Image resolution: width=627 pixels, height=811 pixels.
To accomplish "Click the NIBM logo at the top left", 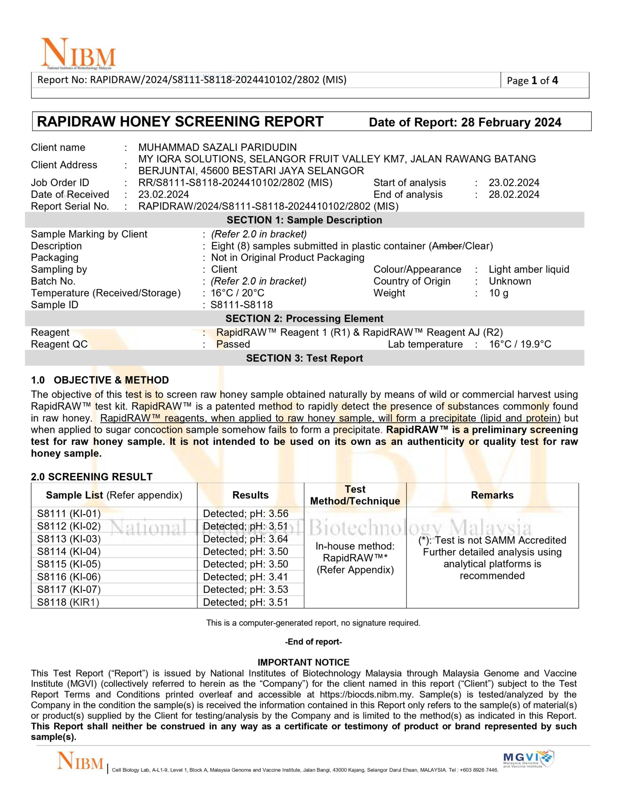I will tap(78, 54).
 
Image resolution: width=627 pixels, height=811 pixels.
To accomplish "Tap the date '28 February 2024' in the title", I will tap(511, 123).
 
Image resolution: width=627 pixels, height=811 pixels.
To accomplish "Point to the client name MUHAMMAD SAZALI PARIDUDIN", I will tap(217, 147).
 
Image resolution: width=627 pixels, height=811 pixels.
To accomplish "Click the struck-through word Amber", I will tap(447, 246).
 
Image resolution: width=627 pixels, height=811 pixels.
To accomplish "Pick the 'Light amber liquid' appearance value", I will tap(529, 269).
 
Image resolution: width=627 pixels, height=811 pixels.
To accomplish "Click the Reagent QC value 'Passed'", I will tap(233, 344).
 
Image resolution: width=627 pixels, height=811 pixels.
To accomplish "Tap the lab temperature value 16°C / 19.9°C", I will tap(520, 344).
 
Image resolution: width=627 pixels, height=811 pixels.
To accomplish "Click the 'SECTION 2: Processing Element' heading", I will tap(304, 319).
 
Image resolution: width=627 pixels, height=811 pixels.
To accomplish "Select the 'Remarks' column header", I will tap(492, 495).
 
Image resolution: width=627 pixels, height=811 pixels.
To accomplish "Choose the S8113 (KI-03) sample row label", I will tap(69, 539).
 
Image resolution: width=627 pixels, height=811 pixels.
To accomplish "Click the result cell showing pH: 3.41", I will tap(246, 577).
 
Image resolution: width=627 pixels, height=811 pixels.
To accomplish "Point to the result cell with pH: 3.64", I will tap(246, 539).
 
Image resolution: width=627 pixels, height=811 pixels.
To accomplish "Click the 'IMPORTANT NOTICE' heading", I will tap(304, 662).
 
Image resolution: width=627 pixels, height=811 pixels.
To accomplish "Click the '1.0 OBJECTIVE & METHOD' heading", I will tap(100, 380).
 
